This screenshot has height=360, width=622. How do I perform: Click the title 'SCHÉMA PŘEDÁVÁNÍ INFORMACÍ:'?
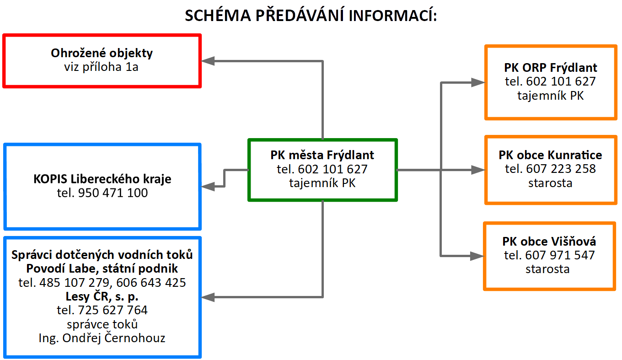coord(311,15)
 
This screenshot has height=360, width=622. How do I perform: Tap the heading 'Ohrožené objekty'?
coord(102,53)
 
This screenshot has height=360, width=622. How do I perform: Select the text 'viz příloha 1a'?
coord(102,67)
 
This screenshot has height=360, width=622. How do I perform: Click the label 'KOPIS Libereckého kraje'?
coord(102,179)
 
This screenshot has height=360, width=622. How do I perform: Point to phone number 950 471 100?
coord(113,193)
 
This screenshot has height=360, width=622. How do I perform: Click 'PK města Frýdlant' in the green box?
coord(322,155)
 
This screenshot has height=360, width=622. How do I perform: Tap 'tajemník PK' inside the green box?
coord(322,183)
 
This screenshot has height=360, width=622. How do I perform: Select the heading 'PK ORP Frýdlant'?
coord(550,68)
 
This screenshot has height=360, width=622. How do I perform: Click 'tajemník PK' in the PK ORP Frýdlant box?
coord(550,96)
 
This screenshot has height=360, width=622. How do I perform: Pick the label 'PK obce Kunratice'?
coord(550,155)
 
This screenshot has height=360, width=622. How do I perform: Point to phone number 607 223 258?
coord(561,169)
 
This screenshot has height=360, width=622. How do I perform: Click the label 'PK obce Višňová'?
coord(549,242)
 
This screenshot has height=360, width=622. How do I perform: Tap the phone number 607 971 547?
coord(560,255)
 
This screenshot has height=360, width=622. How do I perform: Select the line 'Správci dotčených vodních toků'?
coord(102,255)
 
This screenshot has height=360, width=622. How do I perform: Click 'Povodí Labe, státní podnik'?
coord(102,269)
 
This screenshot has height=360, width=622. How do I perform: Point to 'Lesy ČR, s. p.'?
coord(102,296)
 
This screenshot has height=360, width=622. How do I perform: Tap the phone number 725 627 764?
coord(113,310)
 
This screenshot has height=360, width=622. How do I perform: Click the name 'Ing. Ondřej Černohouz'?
coord(102,338)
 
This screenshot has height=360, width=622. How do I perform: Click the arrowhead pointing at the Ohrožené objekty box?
coord(208,61)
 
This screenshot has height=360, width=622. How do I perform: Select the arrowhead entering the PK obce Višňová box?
coord(477,256)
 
